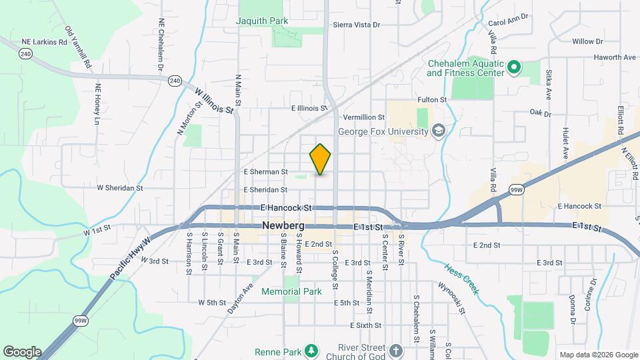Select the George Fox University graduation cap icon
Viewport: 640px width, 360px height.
click(438, 130)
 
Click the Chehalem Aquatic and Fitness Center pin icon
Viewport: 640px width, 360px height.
click(513, 67)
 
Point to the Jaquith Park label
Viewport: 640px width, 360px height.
click(263, 21)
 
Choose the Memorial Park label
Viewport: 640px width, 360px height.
click(291, 291)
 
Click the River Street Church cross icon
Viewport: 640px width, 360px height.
click(395, 351)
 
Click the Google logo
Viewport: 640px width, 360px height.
click(22, 352)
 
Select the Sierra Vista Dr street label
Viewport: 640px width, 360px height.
click(357, 25)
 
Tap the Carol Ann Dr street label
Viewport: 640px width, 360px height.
click(508, 16)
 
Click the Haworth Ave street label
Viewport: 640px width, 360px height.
click(597, 57)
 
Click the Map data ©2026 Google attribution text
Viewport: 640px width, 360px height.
click(599, 355)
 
